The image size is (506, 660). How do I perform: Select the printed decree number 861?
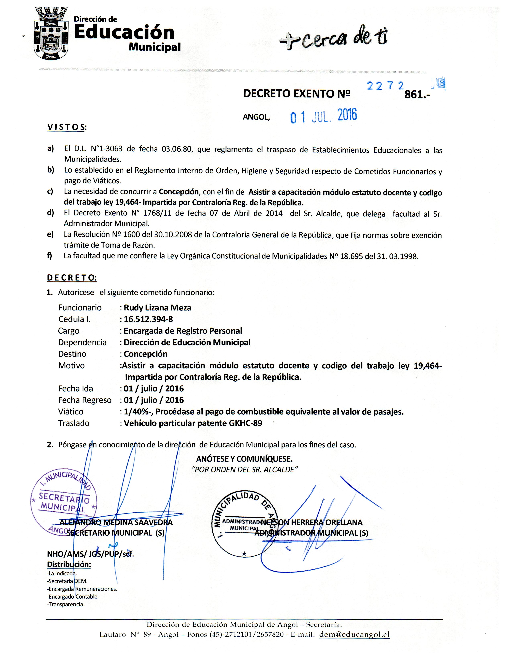[x=416, y=95]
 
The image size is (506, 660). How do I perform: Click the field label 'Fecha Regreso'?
[x=85, y=400]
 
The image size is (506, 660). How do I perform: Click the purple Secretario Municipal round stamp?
[x=64, y=502]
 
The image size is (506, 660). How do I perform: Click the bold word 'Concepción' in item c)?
[x=179, y=192]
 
